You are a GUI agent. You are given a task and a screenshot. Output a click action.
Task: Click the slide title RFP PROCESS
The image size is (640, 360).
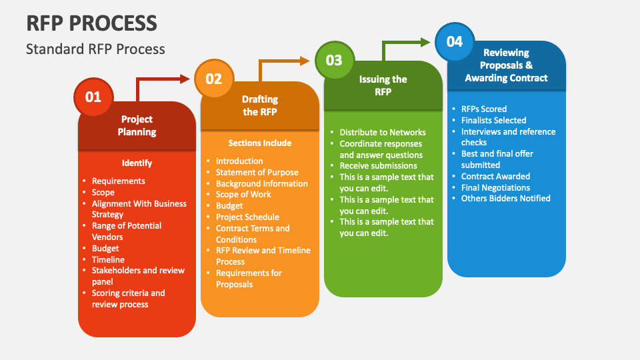pos(92,23)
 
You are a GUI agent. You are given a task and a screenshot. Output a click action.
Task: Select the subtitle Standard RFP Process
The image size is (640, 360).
pos(95,49)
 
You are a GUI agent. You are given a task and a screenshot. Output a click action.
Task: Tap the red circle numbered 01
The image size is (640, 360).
pos(93,97)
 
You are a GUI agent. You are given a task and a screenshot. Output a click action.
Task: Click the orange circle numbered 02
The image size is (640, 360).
pos(213,79)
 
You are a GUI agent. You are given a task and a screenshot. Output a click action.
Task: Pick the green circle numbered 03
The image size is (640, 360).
pos(334,60)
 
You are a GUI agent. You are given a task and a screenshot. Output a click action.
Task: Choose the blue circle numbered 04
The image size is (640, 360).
pos(454,41)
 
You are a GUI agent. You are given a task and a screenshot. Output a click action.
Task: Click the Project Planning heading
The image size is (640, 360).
pos(137,125)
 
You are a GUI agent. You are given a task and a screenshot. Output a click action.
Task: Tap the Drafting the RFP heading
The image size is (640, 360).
pos(259,105)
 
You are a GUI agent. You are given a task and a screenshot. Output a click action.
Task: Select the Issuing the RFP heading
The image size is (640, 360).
pos(383,85)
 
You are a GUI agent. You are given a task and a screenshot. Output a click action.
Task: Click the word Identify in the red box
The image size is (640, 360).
pos(137,163)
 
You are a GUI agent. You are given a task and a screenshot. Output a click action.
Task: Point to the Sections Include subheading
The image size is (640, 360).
pos(259,143)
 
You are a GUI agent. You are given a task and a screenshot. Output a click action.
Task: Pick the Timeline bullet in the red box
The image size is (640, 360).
pos(108,259)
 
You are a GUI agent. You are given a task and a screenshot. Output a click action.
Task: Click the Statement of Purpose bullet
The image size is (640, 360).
pos(257,172)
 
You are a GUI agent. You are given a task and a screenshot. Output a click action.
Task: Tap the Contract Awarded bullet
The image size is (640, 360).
pos(495,176)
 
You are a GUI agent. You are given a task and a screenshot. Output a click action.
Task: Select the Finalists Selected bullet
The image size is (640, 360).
pos(493,120)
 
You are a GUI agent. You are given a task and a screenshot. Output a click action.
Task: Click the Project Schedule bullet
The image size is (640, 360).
pos(247,217)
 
